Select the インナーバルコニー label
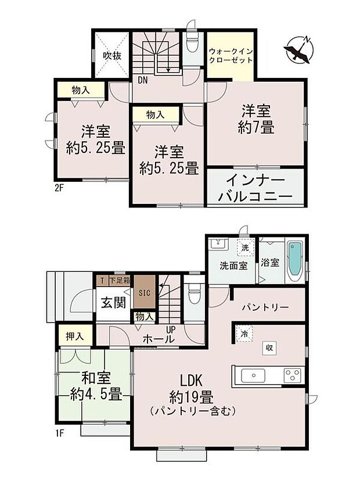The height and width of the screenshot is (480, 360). point(255,187)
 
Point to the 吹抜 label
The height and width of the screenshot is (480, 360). point(112,56)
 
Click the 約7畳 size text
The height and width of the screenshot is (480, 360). point(255,127)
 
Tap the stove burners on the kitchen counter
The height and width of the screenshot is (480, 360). point(291,375)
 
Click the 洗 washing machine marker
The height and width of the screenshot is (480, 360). point(246,246)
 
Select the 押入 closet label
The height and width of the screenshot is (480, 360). point(73,335)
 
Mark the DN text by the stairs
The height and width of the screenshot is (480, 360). point(142,80)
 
